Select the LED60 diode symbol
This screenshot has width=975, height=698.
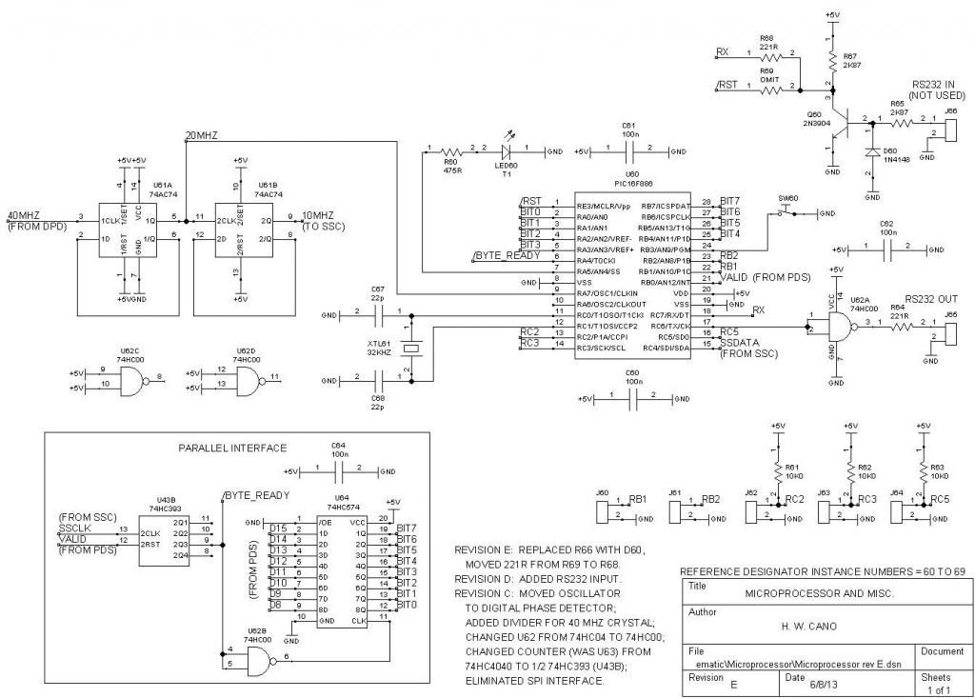pyautogui.click(x=507, y=150)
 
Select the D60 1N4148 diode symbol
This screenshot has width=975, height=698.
pyautogui.click(x=870, y=152)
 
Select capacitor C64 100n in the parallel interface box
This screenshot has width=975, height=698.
pyautogui.click(x=338, y=470)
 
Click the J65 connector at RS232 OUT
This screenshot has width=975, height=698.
pyautogui.click(x=950, y=329)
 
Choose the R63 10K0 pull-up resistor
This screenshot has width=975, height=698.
pyautogui.click(x=922, y=470)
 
